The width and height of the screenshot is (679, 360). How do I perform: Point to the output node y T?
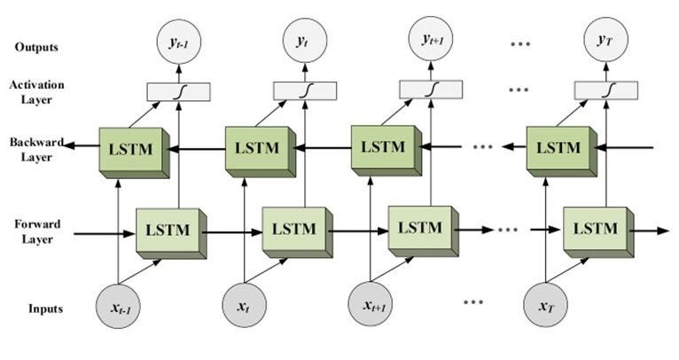click(x=606, y=38)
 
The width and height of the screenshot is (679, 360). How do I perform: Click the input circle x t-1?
click(x=118, y=307)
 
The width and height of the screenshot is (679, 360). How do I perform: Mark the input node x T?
click(x=545, y=307)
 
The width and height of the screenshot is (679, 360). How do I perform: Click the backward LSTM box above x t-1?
click(x=129, y=150)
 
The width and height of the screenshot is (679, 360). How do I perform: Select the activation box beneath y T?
click(x=606, y=89)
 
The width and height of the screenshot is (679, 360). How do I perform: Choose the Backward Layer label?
click(x=33, y=150)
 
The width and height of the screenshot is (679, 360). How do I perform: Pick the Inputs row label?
click(x=44, y=309)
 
